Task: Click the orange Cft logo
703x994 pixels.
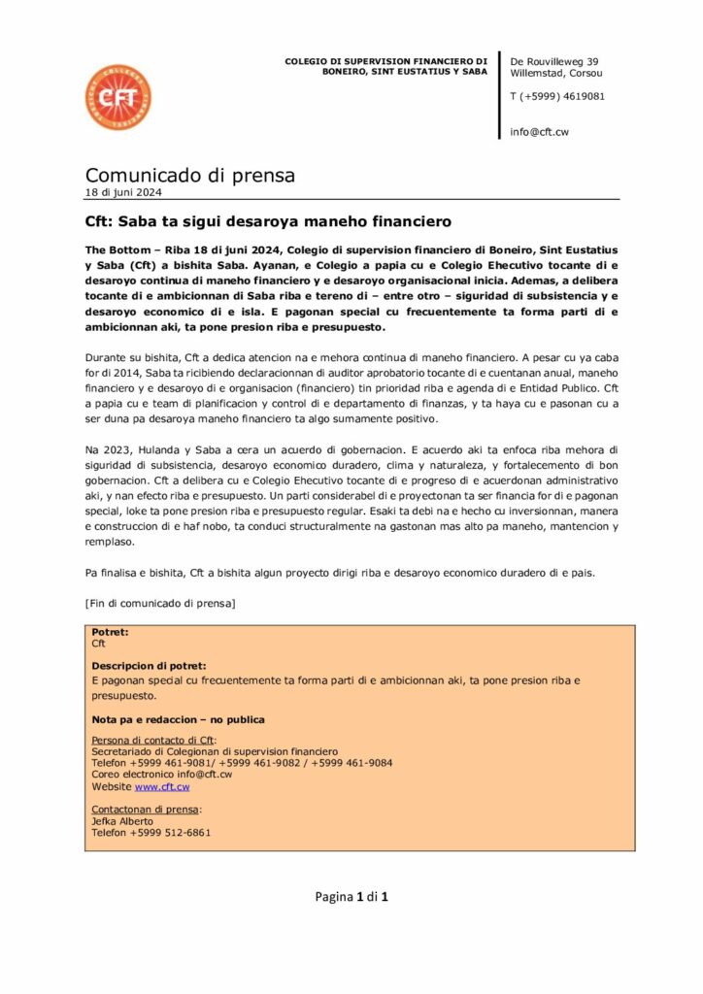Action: [x=117, y=98]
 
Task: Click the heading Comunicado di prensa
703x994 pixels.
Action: [x=189, y=175]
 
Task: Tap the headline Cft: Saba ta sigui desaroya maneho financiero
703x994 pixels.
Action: [x=268, y=221]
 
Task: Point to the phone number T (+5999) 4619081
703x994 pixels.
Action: [x=557, y=96]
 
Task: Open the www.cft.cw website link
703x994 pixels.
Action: [x=162, y=786]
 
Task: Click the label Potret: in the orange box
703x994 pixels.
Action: [x=110, y=632]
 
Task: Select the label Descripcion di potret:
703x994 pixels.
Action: [x=149, y=666]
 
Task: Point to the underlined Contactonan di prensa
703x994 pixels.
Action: [x=145, y=810]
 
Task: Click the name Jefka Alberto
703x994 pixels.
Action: [x=122, y=821]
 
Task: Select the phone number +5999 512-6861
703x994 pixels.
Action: [x=170, y=833]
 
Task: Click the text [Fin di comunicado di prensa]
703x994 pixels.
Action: [x=160, y=603]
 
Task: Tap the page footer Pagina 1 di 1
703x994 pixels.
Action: [x=351, y=896]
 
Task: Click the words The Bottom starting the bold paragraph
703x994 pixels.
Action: [x=114, y=250]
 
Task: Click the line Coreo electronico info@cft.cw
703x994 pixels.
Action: [x=161, y=775]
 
